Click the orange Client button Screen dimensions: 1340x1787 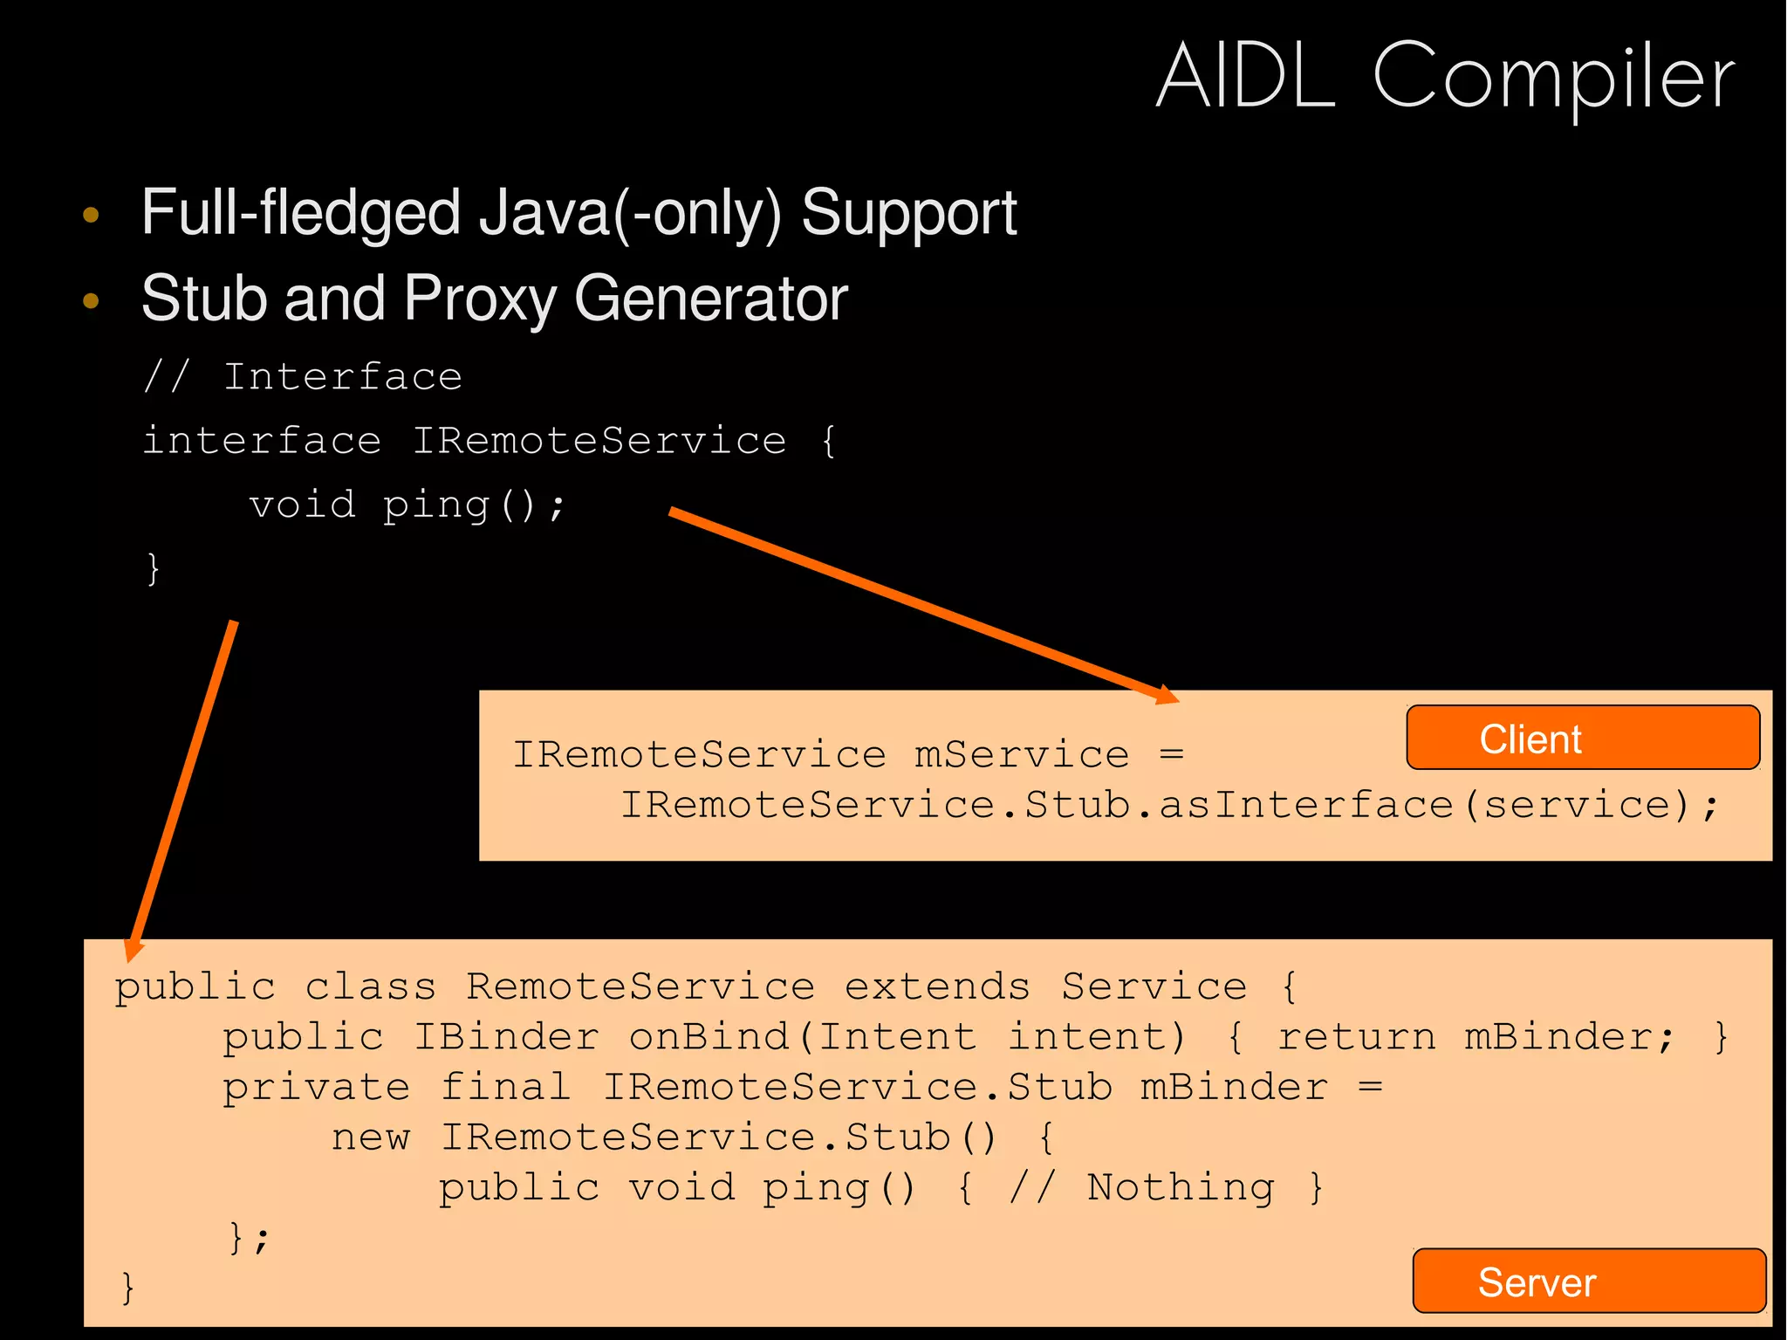pos(1582,739)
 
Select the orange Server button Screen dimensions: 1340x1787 pos(1588,1282)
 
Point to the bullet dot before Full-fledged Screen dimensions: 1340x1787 pos(91,215)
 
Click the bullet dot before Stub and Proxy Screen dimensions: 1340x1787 pos(91,301)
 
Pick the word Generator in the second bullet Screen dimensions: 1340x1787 pos(710,299)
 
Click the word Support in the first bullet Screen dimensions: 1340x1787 pos(908,213)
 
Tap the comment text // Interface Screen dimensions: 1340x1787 pos(303,377)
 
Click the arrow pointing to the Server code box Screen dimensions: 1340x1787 pos(183,786)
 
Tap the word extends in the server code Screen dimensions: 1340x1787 pos(937,987)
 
